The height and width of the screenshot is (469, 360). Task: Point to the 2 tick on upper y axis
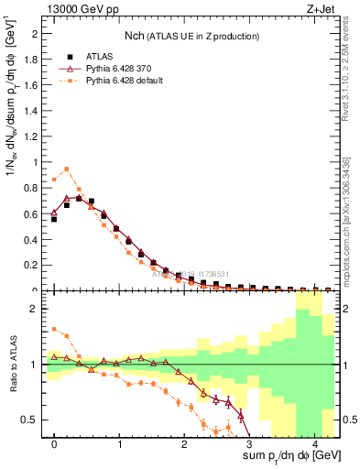point(37,33)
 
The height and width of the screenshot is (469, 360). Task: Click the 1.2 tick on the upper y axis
point(32,136)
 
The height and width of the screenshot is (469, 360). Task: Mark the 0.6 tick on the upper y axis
point(32,213)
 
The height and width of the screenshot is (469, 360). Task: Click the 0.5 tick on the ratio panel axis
point(32,420)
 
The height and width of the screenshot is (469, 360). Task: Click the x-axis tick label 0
point(54,442)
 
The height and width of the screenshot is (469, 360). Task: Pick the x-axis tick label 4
point(315,442)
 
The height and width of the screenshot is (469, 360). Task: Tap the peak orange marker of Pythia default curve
point(66,169)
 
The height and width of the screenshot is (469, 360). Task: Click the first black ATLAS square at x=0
point(54,219)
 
